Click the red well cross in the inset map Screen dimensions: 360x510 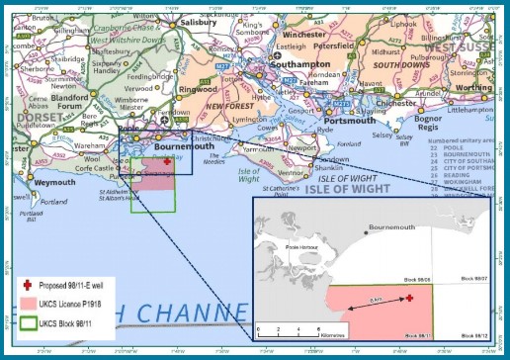pyautogui.click(x=409, y=297)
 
